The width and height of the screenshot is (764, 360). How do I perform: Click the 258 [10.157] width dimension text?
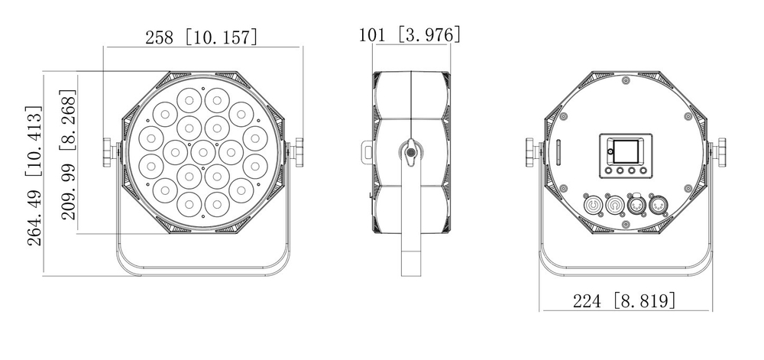point(201,36)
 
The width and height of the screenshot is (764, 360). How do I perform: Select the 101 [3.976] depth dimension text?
point(410,34)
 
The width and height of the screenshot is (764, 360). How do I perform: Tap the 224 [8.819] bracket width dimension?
point(624,301)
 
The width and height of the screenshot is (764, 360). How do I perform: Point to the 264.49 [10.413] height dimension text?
point(34,176)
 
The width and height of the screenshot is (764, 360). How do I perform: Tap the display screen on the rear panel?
point(625,149)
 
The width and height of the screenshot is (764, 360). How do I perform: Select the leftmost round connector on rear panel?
point(593,205)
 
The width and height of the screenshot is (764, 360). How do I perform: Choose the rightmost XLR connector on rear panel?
point(657,205)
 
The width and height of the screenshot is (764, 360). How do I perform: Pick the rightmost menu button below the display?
point(644,171)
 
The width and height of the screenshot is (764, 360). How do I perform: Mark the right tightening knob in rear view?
point(720,151)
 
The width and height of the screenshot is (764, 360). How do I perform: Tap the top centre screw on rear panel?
point(626,80)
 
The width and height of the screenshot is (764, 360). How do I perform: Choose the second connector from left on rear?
point(613,205)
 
